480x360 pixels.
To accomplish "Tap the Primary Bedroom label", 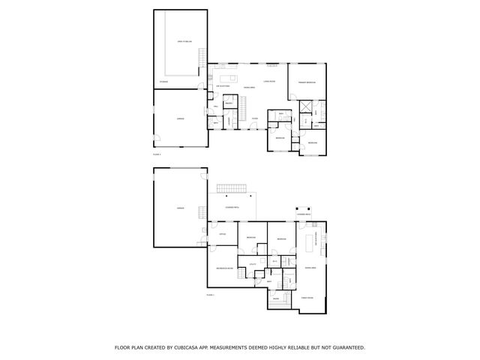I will pyautogui.click(x=306, y=82).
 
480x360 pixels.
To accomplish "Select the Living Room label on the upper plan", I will pyautogui.click(x=269, y=81).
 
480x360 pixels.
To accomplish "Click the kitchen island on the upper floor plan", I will pyautogui.click(x=228, y=77).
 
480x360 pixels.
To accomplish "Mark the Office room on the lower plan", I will pyautogui.click(x=223, y=235).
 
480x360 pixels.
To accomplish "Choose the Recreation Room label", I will pyautogui.click(x=224, y=268).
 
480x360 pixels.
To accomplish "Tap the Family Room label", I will pyautogui.click(x=307, y=298).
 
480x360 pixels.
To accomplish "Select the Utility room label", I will pyautogui.click(x=253, y=264).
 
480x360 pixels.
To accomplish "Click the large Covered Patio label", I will pyautogui.click(x=232, y=207).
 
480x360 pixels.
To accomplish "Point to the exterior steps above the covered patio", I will pyautogui.click(x=231, y=187).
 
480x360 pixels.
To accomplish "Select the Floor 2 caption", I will pyautogui.click(x=157, y=154).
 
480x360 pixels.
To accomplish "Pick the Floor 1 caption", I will pyautogui.click(x=210, y=295).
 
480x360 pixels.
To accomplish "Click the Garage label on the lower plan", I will pyautogui.click(x=180, y=207).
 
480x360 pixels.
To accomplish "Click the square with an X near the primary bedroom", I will pyautogui.click(x=305, y=106).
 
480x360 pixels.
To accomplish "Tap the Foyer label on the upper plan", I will pyautogui.click(x=255, y=118).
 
